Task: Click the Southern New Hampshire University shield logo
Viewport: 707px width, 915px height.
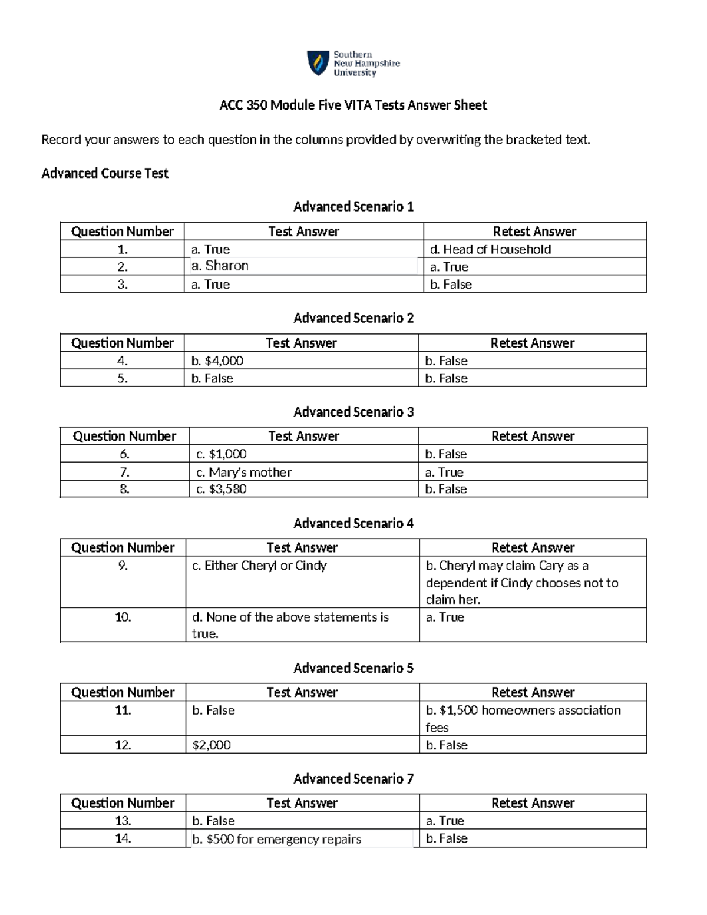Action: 318,63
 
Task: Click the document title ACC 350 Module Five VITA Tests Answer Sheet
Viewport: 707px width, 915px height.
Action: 353,105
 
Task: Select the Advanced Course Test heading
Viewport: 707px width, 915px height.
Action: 105,173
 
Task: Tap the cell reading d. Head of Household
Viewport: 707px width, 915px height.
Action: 490,249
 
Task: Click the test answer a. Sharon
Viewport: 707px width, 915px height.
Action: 220,266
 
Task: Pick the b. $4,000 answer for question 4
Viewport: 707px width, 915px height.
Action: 217,361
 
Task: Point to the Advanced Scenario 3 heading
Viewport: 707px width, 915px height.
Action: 353,412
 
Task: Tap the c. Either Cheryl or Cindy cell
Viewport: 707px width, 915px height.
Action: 259,566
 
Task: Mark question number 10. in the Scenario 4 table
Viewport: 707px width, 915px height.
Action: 123,617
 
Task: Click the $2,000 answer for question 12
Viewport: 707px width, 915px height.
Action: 212,745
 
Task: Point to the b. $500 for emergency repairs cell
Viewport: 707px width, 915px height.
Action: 276,839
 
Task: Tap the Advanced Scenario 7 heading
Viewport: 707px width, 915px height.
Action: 353,779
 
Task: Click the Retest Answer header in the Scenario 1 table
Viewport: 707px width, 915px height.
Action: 534,232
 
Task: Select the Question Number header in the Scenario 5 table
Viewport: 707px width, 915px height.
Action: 123,692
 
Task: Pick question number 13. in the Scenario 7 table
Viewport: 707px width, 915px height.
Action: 123,821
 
